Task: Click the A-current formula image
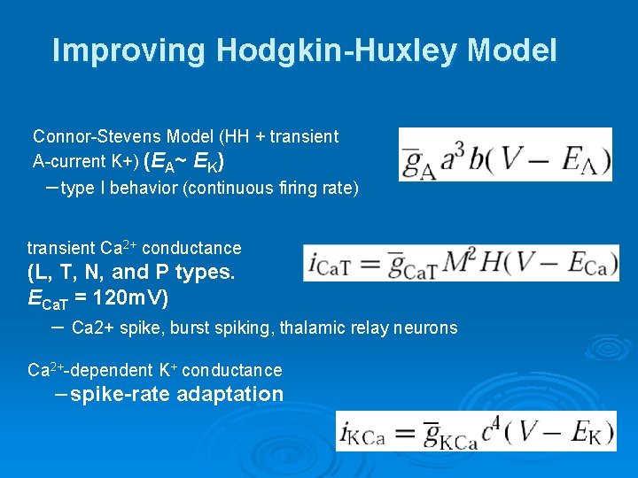pos(505,155)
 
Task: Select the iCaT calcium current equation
pos(461,263)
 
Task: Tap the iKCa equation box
pos(476,431)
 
